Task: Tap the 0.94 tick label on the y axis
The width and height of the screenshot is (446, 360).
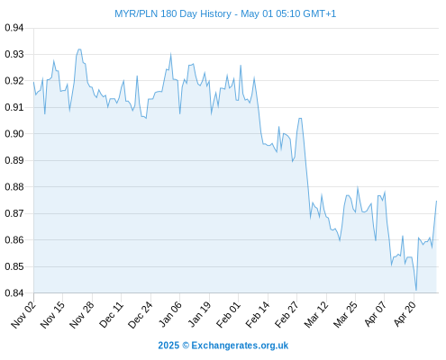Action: [14, 28]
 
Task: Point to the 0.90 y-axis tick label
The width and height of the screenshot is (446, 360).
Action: [14, 134]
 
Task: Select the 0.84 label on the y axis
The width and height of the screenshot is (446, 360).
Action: [14, 292]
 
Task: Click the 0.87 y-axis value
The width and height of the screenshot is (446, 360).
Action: [14, 213]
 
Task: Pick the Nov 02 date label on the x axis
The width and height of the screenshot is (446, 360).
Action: [23, 314]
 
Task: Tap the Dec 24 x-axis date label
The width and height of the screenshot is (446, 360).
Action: [141, 314]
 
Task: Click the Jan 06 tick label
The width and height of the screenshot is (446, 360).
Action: [169, 314]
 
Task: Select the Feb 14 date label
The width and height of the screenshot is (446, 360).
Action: [258, 314]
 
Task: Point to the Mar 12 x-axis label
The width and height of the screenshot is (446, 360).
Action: [316, 314]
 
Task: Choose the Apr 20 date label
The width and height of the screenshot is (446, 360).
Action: [405, 314]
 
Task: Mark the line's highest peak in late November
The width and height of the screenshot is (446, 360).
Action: [79, 49]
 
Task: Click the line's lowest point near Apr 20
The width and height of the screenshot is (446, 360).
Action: [416, 290]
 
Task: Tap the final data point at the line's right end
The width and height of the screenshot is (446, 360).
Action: [436, 201]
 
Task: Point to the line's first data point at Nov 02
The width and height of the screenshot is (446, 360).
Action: [33, 82]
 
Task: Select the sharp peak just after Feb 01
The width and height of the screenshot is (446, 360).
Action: [241, 66]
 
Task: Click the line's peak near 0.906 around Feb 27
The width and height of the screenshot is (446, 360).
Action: [300, 119]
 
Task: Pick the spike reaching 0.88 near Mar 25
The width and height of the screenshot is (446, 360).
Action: [358, 187]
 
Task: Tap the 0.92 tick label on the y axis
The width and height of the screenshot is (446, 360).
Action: [14, 81]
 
